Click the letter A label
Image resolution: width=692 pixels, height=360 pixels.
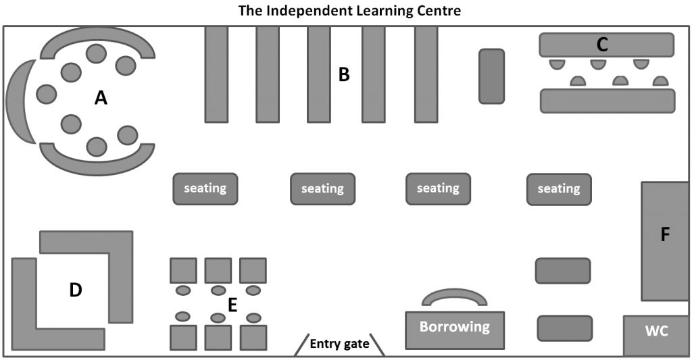point(101,99)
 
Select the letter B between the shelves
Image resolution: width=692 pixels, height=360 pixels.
point(344,74)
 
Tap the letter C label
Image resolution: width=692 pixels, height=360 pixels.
point(603,45)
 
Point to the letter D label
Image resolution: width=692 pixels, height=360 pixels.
point(76,290)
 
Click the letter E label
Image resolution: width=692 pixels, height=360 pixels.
point(232,305)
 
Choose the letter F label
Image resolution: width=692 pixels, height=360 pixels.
point(665,235)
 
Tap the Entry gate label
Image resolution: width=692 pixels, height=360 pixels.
point(339,344)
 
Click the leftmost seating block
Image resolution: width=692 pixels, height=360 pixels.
point(205,188)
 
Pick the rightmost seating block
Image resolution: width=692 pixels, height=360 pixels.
point(558,189)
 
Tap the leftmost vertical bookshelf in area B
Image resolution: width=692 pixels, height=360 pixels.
point(216,74)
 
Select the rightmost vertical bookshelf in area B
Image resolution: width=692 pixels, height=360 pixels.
point(426,74)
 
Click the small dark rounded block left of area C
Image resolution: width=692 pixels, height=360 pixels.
point(491,76)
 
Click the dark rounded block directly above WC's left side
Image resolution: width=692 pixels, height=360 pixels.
point(564,328)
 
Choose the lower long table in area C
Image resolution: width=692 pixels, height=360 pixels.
point(607,100)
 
